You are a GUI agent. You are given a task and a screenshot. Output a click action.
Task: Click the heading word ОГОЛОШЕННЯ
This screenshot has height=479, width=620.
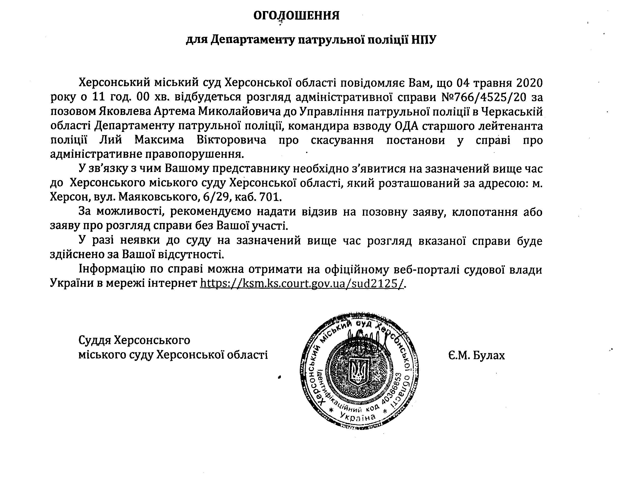point(296,16)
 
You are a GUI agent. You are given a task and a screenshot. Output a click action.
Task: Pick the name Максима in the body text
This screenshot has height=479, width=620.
point(159,140)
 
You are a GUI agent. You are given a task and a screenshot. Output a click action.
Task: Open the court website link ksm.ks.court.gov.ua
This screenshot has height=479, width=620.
point(302,283)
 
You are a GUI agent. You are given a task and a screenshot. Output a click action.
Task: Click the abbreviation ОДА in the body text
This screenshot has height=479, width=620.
point(406,126)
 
